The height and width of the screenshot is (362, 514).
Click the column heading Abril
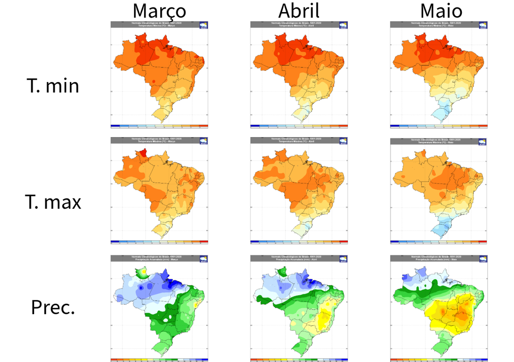299,11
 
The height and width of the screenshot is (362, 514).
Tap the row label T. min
53,86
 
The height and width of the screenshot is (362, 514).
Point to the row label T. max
53,202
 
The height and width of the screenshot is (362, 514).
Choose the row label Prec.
53,307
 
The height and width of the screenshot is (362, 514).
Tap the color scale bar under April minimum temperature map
299,125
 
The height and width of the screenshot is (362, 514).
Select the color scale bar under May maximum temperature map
439,242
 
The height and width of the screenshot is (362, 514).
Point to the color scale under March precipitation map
159,359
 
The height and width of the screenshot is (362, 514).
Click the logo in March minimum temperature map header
204,24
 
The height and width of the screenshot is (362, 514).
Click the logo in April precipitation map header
344,258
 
